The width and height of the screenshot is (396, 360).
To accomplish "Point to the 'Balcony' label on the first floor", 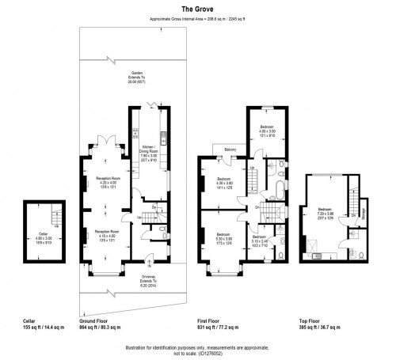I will pos(230,150).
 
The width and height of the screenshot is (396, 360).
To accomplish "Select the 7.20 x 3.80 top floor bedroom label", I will pos(325,214).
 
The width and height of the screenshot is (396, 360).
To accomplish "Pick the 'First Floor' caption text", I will pos(211,321).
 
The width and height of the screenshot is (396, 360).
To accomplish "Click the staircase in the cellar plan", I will pos(54,214).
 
